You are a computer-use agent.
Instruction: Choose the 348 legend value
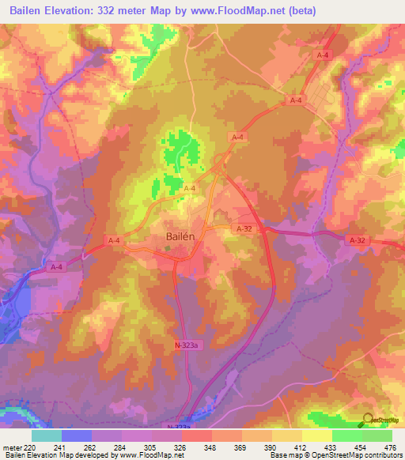[x=212, y=447]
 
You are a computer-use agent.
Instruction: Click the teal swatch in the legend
[x=47, y=435]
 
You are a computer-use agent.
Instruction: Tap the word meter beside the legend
[x=11, y=447]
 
